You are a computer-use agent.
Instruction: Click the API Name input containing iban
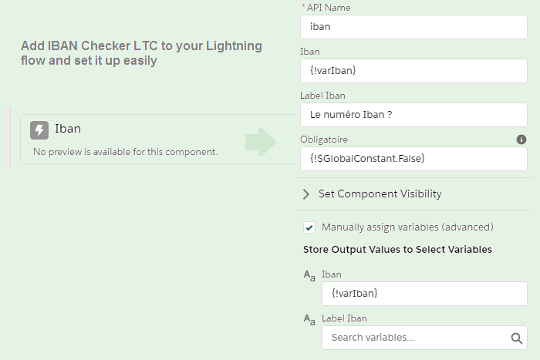click(x=413, y=27)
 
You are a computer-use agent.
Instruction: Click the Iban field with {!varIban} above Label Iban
click(x=413, y=71)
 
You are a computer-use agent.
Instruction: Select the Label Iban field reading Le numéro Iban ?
click(x=413, y=115)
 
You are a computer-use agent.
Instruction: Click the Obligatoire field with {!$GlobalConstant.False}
click(x=413, y=159)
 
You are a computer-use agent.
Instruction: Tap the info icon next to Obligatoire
click(x=521, y=140)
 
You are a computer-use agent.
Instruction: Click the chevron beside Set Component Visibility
click(x=306, y=194)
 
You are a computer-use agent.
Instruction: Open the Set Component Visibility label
click(x=380, y=194)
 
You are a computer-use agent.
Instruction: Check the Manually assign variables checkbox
click(x=309, y=227)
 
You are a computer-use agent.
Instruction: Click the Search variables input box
click(x=415, y=338)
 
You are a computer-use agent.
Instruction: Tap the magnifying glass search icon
click(x=517, y=338)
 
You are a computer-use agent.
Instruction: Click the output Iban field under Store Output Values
click(x=424, y=294)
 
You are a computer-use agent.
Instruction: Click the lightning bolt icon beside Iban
click(x=39, y=130)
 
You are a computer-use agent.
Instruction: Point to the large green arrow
click(x=261, y=141)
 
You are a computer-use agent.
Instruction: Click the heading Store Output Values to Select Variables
click(x=397, y=250)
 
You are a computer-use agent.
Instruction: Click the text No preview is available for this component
click(x=125, y=152)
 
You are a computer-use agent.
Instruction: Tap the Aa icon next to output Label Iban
click(x=309, y=319)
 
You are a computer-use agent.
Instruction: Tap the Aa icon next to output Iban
click(x=309, y=275)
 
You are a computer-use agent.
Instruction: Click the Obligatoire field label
click(x=324, y=140)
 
